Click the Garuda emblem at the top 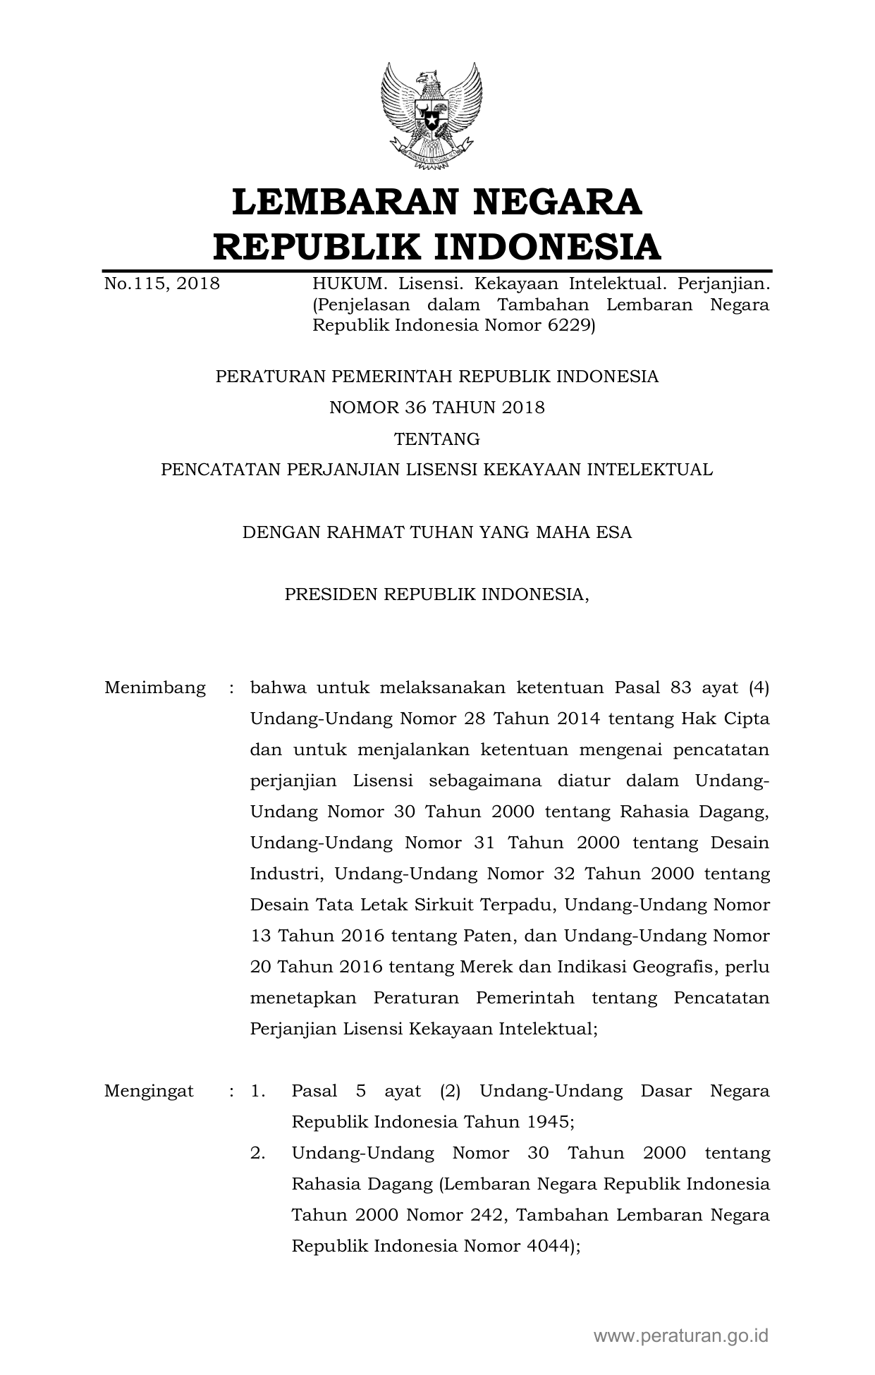click(x=432, y=117)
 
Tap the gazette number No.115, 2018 click(x=161, y=284)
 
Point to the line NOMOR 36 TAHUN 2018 click(x=437, y=408)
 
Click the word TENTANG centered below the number click(x=437, y=439)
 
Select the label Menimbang click(x=155, y=687)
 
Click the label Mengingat click(x=149, y=1092)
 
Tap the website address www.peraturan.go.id click(x=681, y=1336)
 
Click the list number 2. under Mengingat click(x=258, y=1154)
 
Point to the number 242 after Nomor click(x=484, y=1215)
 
